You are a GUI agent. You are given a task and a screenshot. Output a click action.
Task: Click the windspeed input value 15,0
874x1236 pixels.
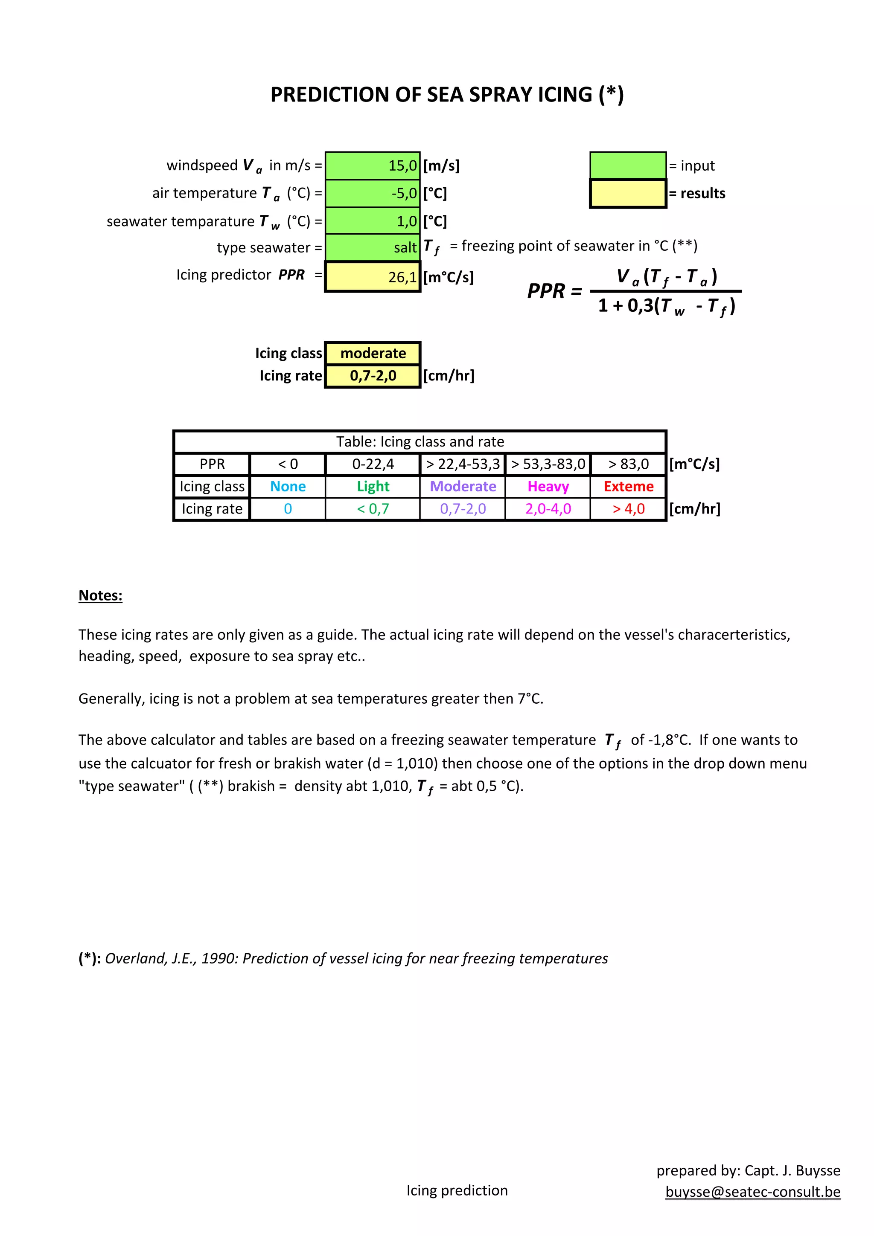tap(373, 166)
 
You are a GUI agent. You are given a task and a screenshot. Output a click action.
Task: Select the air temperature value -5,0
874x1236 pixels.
tap(373, 193)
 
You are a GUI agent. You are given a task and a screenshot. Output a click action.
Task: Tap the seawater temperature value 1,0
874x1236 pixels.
tap(373, 221)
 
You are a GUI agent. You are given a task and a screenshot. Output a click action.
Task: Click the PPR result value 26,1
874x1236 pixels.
tap(373, 277)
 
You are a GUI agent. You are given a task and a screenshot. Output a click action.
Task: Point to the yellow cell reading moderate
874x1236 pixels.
tap(373, 353)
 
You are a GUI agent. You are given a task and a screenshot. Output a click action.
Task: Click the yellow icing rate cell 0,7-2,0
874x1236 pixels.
tap(373, 376)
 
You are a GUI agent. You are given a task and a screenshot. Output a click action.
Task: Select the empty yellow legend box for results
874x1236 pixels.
tap(628, 194)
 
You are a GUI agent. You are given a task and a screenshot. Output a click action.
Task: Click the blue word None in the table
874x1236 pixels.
tap(288, 487)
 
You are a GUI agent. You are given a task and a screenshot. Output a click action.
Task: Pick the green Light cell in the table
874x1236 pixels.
tap(373, 487)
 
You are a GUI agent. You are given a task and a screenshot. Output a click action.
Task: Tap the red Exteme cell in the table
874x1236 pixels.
tap(629, 487)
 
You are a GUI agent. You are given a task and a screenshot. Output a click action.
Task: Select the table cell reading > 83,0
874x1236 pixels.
tap(629, 464)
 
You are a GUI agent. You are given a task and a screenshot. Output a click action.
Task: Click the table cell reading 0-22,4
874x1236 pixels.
tap(373, 464)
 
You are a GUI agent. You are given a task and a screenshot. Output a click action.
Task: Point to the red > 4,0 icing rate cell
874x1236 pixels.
tap(629, 509)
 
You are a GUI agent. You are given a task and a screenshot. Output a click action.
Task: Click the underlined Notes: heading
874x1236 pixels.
tap(101, 595)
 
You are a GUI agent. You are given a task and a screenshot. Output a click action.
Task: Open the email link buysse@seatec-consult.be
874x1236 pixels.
tap(753, 1192)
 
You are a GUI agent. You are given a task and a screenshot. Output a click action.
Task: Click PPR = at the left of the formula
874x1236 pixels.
tap(554, 291)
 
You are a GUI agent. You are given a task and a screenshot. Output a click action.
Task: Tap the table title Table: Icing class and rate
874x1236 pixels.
tap(420, 441)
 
